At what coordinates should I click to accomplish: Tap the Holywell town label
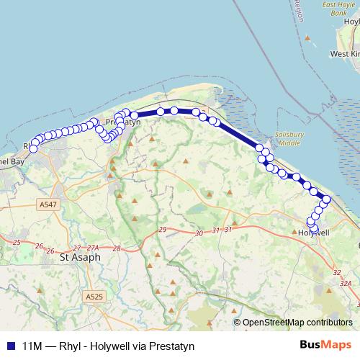coord(313,233)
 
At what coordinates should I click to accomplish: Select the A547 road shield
coord(48,205)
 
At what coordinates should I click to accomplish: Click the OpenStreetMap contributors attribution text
coord(297,323)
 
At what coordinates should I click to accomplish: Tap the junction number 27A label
coord(92,248)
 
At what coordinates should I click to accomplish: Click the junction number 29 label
coord(162,229)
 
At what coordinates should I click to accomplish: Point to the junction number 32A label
coord(346,284)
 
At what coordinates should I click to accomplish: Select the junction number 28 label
coord(116,248)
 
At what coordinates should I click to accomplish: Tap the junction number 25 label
coord(17,243)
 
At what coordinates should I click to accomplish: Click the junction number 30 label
coord(199,233)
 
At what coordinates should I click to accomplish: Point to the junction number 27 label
coord(76,248)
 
